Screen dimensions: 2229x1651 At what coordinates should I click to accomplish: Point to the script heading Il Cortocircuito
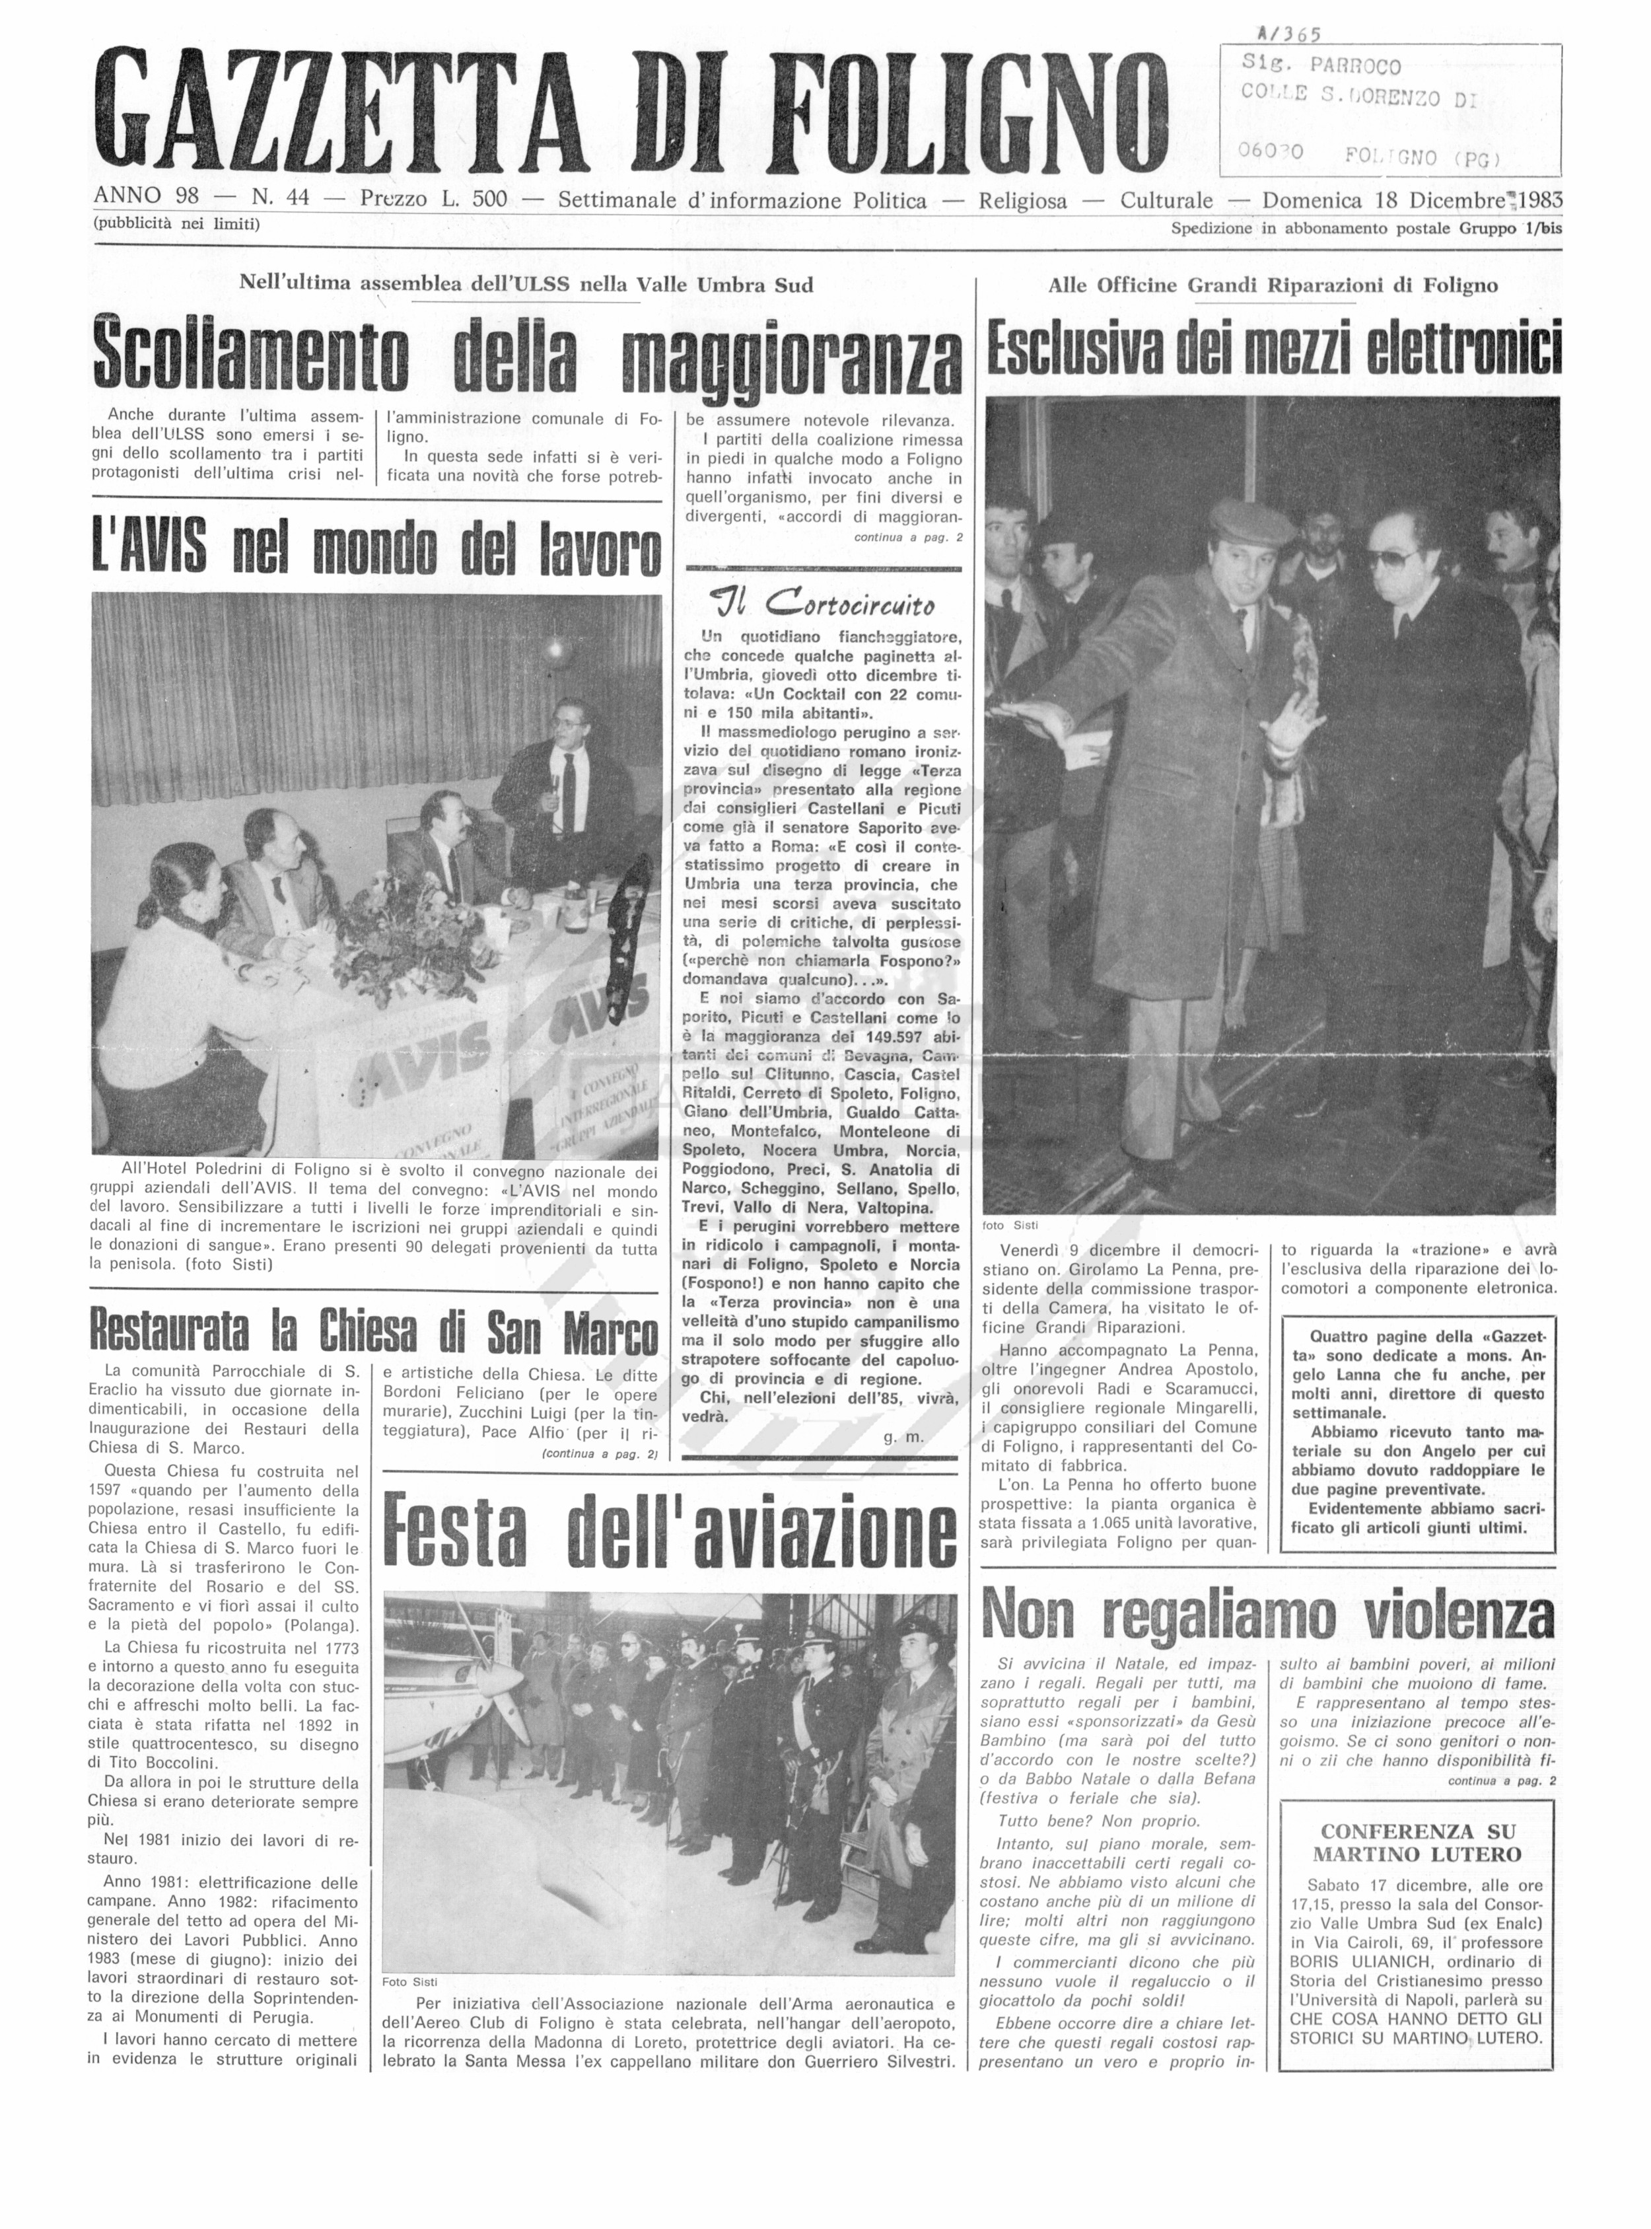[822, 604]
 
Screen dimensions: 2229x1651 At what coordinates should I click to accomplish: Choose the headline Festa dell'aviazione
[670, 1530]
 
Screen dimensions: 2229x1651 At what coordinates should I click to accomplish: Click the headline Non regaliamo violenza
[1268, 1615]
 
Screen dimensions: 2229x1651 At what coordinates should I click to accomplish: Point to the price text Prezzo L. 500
[434, 199]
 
